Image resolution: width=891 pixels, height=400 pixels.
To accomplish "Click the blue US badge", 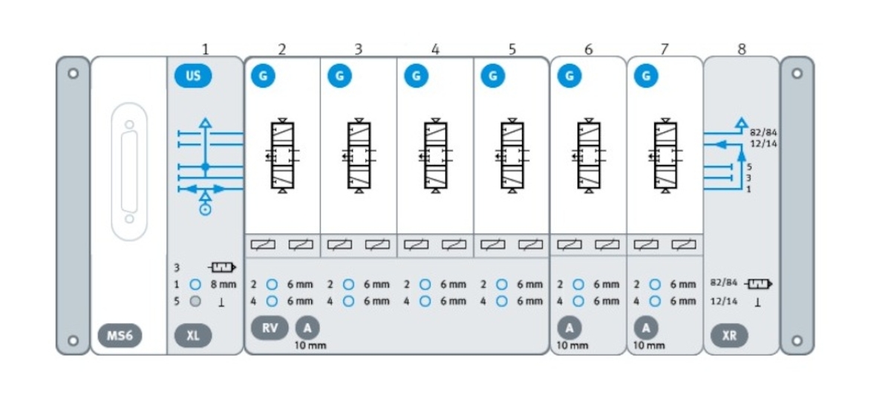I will coord(193,76).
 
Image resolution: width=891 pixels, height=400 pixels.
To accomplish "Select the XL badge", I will coord(193,335).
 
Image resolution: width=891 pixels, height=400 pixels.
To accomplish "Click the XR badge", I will coord(729,335).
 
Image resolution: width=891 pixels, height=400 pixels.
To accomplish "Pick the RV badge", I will coord(270,328).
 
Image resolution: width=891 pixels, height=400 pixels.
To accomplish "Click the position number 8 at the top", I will coord(742,49).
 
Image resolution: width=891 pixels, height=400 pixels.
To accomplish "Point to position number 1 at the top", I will coord(206,49).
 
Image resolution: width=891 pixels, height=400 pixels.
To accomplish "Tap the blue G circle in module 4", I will coord(416,76).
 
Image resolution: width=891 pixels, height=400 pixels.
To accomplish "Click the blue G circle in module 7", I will coord(646,76).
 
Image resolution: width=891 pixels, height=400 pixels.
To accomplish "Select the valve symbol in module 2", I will coord(282,155).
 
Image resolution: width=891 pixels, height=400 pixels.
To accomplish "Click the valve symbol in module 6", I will coord(589,155).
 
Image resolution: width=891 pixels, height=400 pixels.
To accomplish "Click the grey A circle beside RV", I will coord(307,328).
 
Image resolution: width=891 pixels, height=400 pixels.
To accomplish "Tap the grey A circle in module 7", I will coord(646,328).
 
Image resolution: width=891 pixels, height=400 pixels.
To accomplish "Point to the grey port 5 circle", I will coord(195,301).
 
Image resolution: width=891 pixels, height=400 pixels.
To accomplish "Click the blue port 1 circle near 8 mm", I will coord(195,284).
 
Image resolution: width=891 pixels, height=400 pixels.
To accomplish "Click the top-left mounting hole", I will coord(73,74).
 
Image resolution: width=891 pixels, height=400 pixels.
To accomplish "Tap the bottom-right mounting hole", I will coord(797,340).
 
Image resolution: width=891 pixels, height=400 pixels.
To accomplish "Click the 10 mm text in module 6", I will coord(572,346).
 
